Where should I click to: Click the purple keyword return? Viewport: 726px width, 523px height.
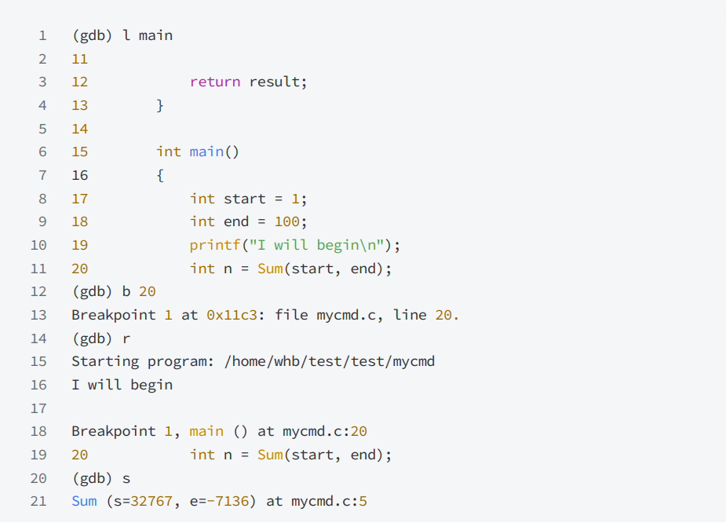tap(214, 82)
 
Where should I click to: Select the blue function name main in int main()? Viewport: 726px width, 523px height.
tap(206, 152)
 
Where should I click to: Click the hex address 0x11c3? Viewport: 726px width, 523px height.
tap(228, 315)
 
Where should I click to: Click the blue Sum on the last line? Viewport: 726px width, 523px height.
tap(84, 501)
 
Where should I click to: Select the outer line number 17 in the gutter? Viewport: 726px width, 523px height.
tap(38, 408)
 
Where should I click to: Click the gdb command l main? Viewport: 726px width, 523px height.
tap(148, 35)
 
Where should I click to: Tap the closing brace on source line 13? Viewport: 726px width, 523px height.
tap(160, 105)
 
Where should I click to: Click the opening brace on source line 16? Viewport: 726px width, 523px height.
tap(160, 175)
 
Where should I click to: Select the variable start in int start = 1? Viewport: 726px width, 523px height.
tap(245, 199)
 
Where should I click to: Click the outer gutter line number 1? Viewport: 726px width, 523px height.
tap(42, 35)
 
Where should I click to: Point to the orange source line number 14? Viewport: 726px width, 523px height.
tap(79, 129)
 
